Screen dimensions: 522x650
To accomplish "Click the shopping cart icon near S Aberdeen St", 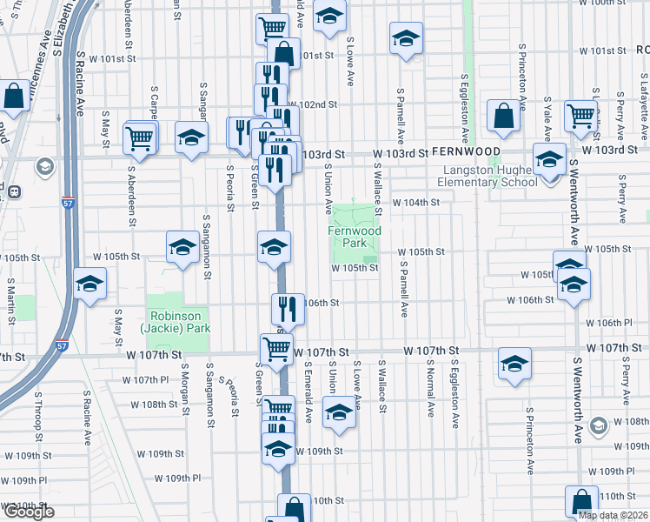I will pos(140,137).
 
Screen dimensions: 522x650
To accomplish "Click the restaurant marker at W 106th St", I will pos(288,308).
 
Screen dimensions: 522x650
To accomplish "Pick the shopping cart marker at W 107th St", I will pos(277,350).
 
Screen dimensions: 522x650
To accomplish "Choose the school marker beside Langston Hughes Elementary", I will pos(549,161).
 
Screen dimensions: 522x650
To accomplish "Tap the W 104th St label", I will pos(416,203).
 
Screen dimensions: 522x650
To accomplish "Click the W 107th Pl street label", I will pos(145,380).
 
